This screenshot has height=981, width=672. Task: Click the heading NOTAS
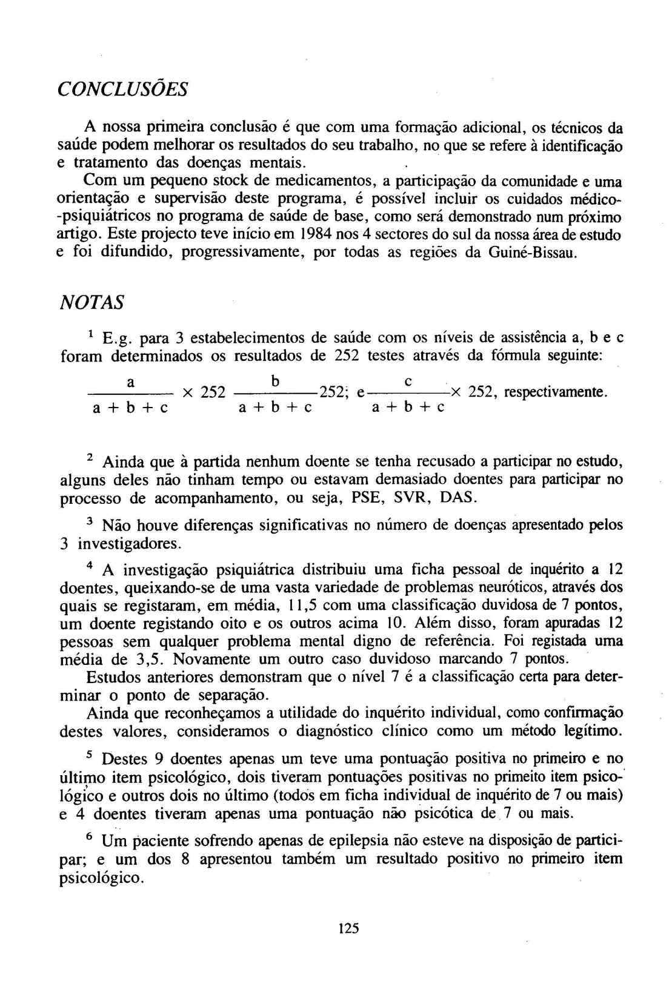click(x=91, y=303)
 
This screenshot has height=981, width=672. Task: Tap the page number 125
click(x=349, y=928)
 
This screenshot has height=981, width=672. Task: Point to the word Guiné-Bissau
click(x=530, y=253)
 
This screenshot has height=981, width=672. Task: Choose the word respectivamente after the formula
click(x=555, y=392)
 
